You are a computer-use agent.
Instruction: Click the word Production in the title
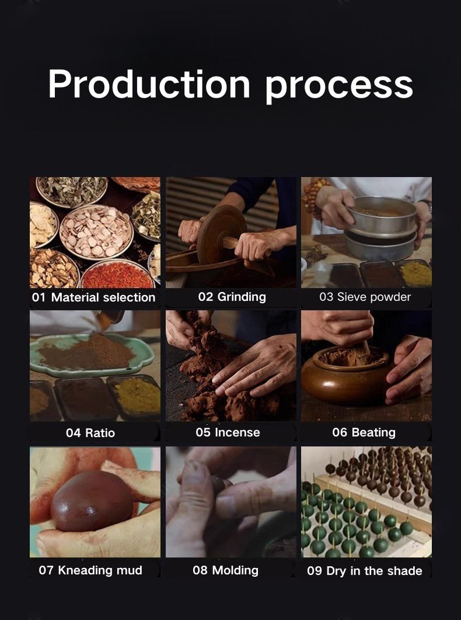coord(149,84)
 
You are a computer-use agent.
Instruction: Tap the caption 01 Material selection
coord(93,297)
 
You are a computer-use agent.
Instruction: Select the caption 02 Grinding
coord(232,297)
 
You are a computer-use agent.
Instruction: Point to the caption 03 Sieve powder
coord(365,297)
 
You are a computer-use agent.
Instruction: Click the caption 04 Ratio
coord(90,432)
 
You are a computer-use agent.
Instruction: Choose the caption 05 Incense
coord(228,432)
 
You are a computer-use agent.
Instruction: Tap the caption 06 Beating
coord(364,432)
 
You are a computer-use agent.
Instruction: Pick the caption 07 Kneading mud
coord(90,570)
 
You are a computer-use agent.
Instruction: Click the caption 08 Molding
coord(226,570)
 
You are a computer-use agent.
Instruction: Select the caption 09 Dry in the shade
coord(365,571)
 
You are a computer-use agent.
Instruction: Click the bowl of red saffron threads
coord(117,275)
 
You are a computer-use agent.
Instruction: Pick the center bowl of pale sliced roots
coord(97,232)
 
